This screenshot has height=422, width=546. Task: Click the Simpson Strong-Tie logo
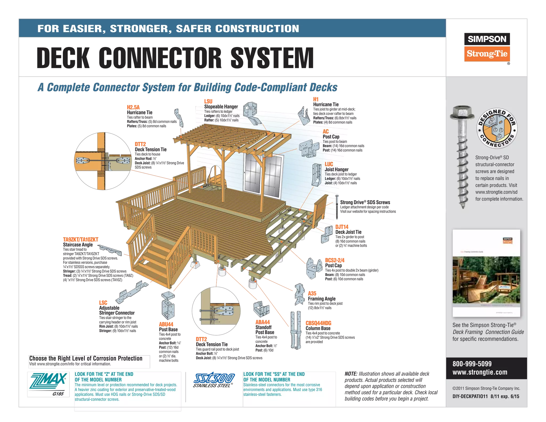point(487,47)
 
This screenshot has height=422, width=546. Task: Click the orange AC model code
point(326,132)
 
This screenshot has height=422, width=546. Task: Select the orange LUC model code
point(329,164)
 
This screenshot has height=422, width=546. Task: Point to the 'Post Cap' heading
point(331,137)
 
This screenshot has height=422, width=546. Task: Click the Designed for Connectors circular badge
point(497,129)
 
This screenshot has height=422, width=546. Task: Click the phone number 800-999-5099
point(472,364)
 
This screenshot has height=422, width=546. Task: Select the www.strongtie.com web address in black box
point(480,372)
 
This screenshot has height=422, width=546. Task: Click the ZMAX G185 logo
point(49,384)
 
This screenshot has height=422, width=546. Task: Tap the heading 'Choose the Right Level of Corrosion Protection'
point(86,359)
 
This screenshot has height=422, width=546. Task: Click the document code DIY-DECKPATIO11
point(470,396)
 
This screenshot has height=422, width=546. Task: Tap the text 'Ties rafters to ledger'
point(218,112)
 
